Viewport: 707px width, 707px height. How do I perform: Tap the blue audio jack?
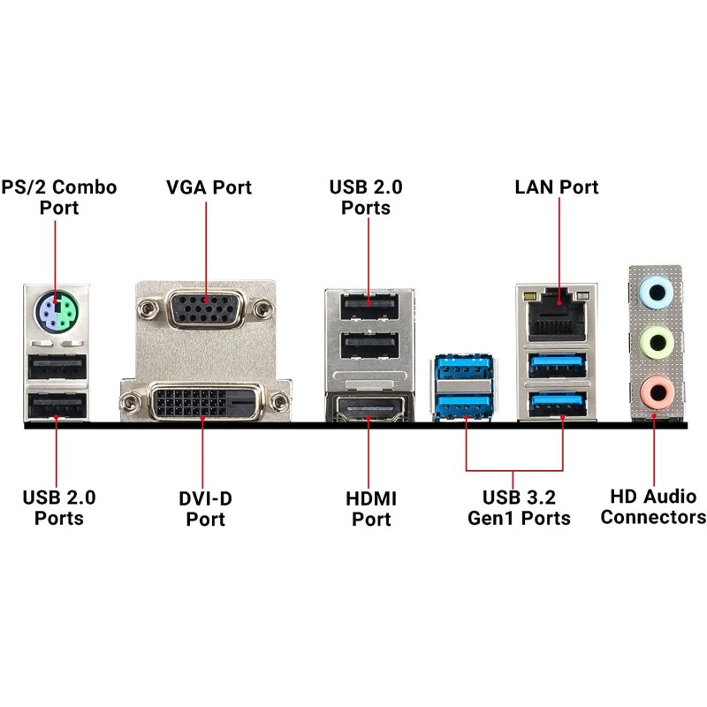pos(656,291)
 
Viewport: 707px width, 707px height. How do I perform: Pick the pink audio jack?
pos(656,390)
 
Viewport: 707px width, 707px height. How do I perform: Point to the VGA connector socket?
pos(205,310)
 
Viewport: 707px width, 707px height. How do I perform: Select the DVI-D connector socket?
pos(202,403)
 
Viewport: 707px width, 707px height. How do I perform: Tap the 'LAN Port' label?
pos(557,187)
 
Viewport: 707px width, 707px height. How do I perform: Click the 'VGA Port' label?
pos(209,187)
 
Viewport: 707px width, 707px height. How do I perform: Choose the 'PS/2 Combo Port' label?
pos(59,197)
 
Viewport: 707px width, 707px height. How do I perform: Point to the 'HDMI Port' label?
pos(371,508)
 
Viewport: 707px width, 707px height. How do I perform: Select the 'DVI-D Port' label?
pos(205,508)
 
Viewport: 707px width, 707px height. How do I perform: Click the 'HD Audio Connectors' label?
pos(654,507)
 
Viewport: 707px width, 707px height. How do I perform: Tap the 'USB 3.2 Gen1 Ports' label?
pos(519,507)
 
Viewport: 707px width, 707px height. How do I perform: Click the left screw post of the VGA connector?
pos(148,309)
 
